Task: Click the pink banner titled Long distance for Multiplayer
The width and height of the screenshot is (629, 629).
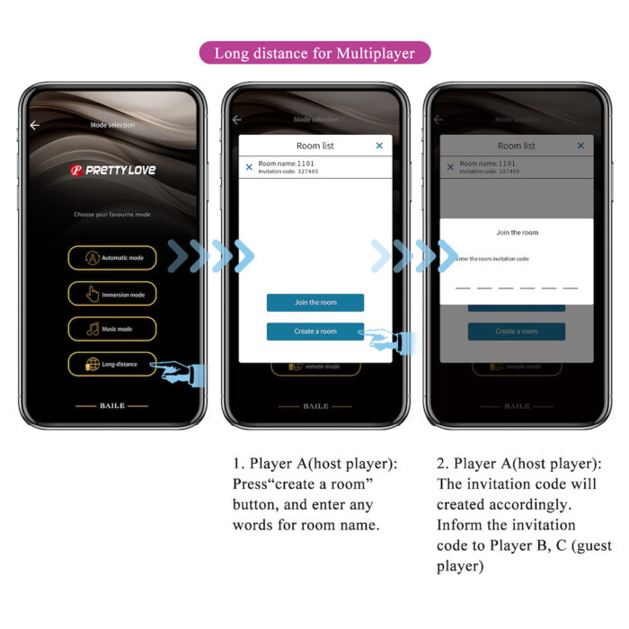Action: click(x=314, y=53)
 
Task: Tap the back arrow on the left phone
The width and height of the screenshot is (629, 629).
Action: click(x=35, y=126)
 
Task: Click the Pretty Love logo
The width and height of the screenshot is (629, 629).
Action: click(x=112, y=171)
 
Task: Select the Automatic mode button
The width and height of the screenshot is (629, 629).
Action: click(x=112, y=258)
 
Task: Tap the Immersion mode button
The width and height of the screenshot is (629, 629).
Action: click(x=112, y=294)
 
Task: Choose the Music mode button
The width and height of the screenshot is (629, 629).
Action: click(x=112, y=329)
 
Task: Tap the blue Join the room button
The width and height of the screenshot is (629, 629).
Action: click(x=315, y=303)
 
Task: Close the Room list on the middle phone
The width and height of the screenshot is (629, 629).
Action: click(x=379, y=146)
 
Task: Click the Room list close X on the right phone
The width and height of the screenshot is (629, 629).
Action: click(x=580, y=146)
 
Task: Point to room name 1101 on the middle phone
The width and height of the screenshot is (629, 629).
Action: click(x=286, y=164)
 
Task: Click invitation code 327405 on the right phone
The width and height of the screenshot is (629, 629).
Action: click(x=490, y=171)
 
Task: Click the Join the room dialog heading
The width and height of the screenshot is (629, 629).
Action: click(x=517, y=233)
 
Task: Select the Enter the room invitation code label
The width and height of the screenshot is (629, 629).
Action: click(x=493, y=259)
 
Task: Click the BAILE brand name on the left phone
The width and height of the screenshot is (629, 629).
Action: click(x=112, y=406)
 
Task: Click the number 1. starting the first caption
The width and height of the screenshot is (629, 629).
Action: click(x=238, y=465)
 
